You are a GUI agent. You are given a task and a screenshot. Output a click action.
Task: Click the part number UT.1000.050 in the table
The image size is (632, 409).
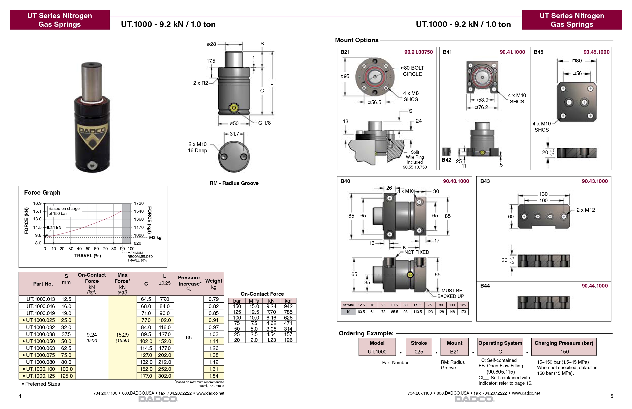pos(40,341)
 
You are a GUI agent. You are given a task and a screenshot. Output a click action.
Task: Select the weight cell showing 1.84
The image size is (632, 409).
pos(214,376)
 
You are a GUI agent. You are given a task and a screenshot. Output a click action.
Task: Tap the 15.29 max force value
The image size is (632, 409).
pos(122,335)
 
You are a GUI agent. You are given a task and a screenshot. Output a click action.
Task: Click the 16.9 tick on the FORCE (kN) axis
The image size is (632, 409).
pos(37,204)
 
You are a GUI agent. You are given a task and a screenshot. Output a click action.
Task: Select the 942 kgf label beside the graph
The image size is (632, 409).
pos(155,238)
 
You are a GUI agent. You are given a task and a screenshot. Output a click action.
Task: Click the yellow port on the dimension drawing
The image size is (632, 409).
pos(234,108)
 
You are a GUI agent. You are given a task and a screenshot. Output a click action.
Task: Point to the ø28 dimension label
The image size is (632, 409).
pos(211,44)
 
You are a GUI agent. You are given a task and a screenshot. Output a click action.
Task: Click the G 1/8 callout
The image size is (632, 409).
pos(264,123)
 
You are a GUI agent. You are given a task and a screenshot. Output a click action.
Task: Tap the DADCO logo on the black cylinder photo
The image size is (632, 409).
pos(92,131)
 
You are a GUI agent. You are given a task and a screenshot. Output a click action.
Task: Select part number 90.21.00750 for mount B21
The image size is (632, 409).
pos(419,52)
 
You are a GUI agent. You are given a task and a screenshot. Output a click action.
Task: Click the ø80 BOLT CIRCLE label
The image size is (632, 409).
pos(412,71)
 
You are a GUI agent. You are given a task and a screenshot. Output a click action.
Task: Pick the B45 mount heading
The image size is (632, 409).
pos(539,52)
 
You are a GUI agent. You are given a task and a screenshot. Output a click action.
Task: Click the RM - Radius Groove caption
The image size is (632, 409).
pos(234,183)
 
